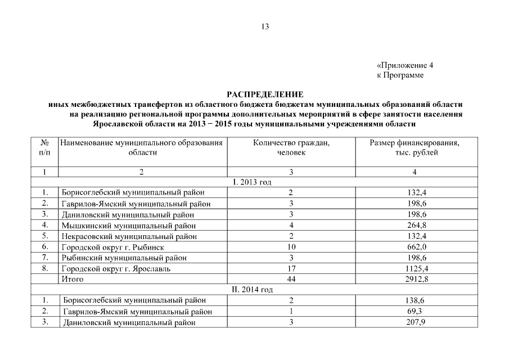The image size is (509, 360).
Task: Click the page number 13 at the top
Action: [265, 26]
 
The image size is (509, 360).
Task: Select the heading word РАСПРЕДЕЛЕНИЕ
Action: [265, 94]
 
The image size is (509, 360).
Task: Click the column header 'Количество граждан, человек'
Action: [291, 148]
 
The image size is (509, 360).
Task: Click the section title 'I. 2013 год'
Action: [252, 182]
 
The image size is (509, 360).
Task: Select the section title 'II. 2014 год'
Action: [253, 290]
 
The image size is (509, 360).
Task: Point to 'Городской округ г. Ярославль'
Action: [116, 268]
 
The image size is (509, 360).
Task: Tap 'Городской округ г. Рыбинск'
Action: [112, 247]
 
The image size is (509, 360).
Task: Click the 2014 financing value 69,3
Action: [417, 311]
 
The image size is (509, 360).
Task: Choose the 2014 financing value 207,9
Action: [417, 322]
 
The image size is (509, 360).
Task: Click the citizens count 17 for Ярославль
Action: [291, 268]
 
